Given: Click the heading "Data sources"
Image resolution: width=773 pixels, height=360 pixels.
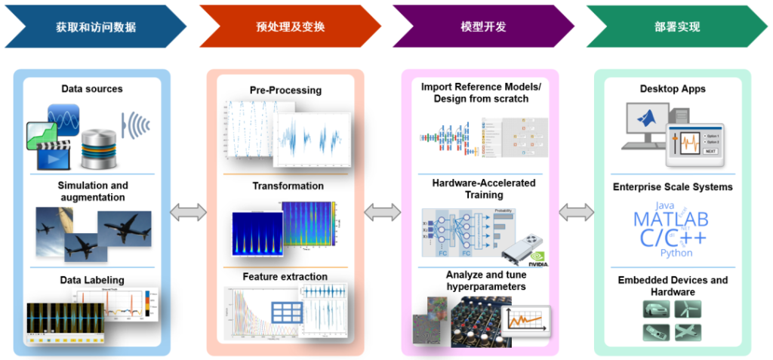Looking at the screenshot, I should coord(92,89).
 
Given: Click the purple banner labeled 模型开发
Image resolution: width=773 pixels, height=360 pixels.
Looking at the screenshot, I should coord(483,26).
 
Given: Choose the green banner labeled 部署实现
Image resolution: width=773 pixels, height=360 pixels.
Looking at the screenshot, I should coord(677,26).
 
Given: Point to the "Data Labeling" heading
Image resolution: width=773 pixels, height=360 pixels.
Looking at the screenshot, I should coord(92,281).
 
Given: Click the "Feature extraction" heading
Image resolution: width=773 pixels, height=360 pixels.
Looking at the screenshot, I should coord(285,276).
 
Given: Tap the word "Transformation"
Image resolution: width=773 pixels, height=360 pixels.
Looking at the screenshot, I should coord(288,186).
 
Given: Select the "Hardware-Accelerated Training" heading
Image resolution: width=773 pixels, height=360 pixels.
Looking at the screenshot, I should coord(483,188).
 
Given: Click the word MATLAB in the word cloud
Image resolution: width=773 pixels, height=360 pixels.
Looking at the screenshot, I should coord(671,220).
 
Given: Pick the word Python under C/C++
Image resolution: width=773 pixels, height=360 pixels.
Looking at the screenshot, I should coord(676,253).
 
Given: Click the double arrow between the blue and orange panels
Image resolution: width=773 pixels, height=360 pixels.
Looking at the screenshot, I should coord(188,213).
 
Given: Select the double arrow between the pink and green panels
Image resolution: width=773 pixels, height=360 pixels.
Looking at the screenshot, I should coord(577,213).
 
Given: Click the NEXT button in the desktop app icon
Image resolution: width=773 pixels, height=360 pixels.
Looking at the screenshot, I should coord(710,151).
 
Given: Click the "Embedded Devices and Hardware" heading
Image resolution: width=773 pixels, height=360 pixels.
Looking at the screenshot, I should coord(673,285).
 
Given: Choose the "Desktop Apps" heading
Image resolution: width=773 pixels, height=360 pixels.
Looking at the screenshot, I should coord(673,89).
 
